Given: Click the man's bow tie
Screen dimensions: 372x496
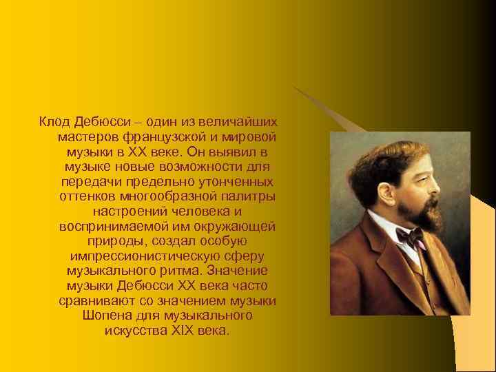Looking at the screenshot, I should (411, 237).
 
